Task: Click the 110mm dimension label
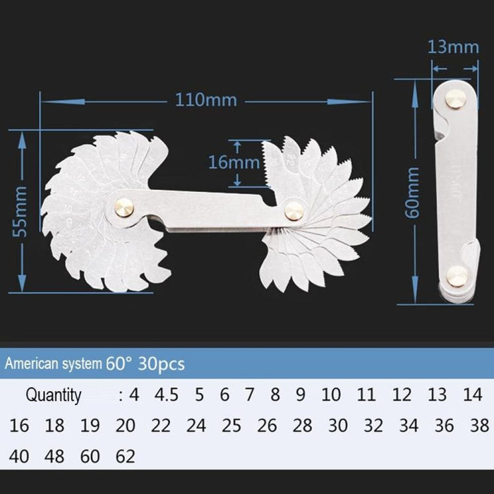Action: [206, 100]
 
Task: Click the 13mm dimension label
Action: [453, 47]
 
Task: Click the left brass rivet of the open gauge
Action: [124, 207]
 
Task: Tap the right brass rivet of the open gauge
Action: [294, 210]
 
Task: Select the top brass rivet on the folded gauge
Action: [455, 100]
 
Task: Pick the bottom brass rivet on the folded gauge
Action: [457, 277]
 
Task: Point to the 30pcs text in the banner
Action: [161, 364]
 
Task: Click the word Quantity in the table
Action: [54, 395]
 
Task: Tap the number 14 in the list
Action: [473, 394]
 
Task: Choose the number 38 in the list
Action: [478, 426]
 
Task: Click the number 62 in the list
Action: [124, 457]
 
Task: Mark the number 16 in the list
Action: [20, 426]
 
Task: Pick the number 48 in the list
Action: [54, 457]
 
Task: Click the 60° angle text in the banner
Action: [119, 364]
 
